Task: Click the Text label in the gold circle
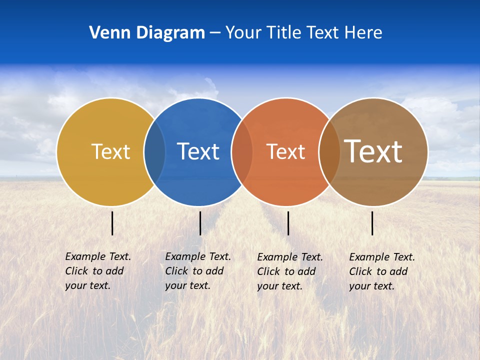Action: click(110, 151)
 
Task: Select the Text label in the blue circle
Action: click(198, 151)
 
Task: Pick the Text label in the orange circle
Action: click(285, 151)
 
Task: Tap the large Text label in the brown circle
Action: click(373, 151)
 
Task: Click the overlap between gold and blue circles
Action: click(154, 151)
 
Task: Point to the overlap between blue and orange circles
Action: click(242, 151)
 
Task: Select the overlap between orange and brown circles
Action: click(329, 151)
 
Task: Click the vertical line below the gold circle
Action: click(112, 223)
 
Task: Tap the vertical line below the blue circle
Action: click(200, 223)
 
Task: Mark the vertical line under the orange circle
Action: click(288, 223)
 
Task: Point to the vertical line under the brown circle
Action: click(372, 223)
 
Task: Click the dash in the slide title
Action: click(215, 33)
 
